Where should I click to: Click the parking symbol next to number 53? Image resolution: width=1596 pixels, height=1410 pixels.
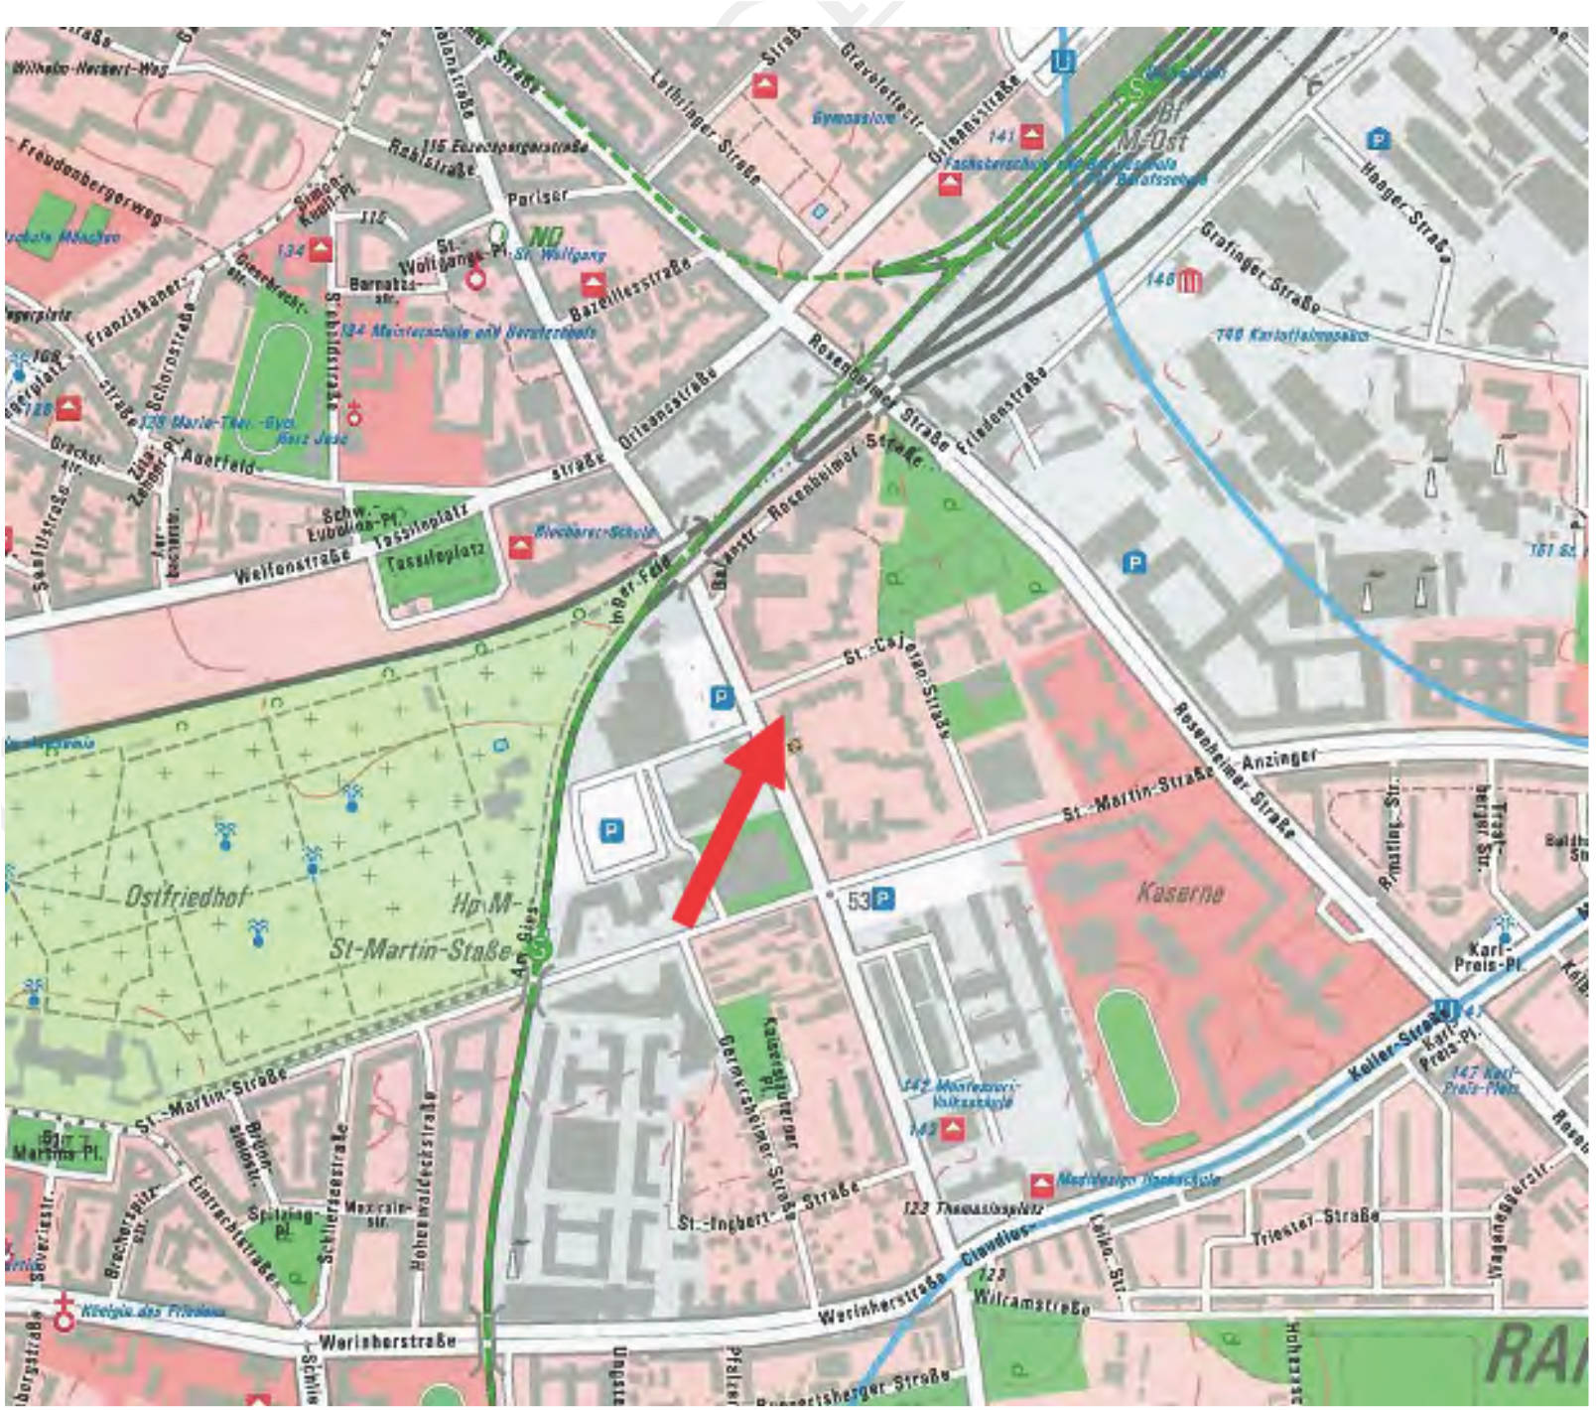pos(882,901)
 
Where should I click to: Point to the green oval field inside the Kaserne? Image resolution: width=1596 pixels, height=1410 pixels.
pos(1136,1057)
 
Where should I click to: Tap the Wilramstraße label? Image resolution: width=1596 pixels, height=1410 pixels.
pos(1032,1302)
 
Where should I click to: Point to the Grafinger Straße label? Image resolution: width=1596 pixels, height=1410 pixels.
pos(1261,268)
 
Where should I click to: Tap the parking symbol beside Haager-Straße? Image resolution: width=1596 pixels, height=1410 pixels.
pos(1378,139)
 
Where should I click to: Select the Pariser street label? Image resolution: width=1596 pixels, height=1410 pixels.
pos(537,198)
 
